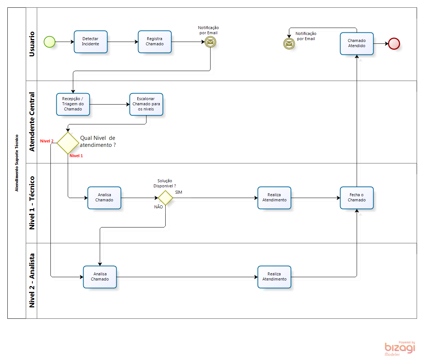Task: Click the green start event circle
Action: pyautogui.click(x=49, y=42)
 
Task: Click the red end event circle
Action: pyautogui.click(x=394, y=43)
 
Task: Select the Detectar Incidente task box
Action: pyautogui.click(x=91, y=42)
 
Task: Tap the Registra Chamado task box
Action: pyautogui.click(x=155, y=42)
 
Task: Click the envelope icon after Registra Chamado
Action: pyautogui.click(x=211, y=42)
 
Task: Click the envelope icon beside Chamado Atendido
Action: pyautogui.click(x=289, y=44)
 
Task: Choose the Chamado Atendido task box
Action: pyautogui.click(x=357, y=43)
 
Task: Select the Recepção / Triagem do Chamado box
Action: pyautogui.click(x=73, y=104)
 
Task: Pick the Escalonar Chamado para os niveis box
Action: pyautogui.click(x=146, y=104)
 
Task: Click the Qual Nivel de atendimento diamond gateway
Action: pyautogui.click(x=68, y=143)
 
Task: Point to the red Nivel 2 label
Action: pyautogui.click(x=47, y=141)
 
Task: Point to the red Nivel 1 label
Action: pyautogui.click(x=76, y=156)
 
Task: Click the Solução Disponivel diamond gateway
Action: pyautogui.click(x=165, y=198)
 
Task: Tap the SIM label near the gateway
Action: pyautogui.click(x=179, y=192)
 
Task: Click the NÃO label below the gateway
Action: pyautogui.click(x=159, y=207)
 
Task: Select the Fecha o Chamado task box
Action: pyautogui.click(x=357, y=198)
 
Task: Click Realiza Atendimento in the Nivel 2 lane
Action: pyautogui.click(x=274, y=276)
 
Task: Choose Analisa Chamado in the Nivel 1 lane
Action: pyautogui.click(x=104, y=198)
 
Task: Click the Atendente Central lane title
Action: pyautogui.click(x=32, y=121)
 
